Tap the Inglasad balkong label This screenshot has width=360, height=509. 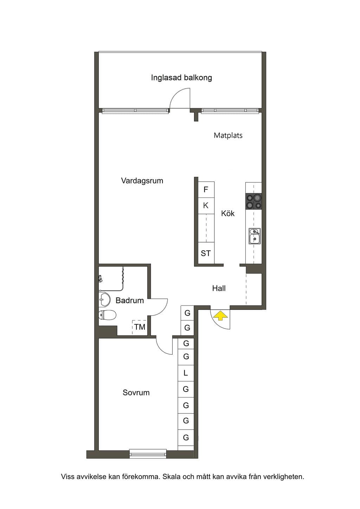(x=181, y=78)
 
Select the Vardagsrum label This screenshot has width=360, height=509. (x=142, y=181)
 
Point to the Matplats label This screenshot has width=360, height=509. (x=228, y=135)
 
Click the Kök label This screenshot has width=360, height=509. (x=228, y=213)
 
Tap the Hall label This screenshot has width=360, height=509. (x=219, y=288)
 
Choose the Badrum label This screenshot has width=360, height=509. (x=129, y=301)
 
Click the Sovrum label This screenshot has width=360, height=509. (x=136, y=392)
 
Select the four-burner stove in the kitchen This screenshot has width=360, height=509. (x=253, y=201)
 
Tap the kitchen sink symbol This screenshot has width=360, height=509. (x=255, y=236)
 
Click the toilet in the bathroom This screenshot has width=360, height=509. (x=108, y=315)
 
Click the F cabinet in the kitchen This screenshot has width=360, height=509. (x=206, y=189)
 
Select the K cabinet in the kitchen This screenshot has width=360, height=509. (x=206, y=206)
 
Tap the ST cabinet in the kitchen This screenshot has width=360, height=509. (x=206, y=253)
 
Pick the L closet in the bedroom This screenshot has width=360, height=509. (x=186, y=373)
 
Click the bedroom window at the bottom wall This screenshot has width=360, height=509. (x=148, y=455)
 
